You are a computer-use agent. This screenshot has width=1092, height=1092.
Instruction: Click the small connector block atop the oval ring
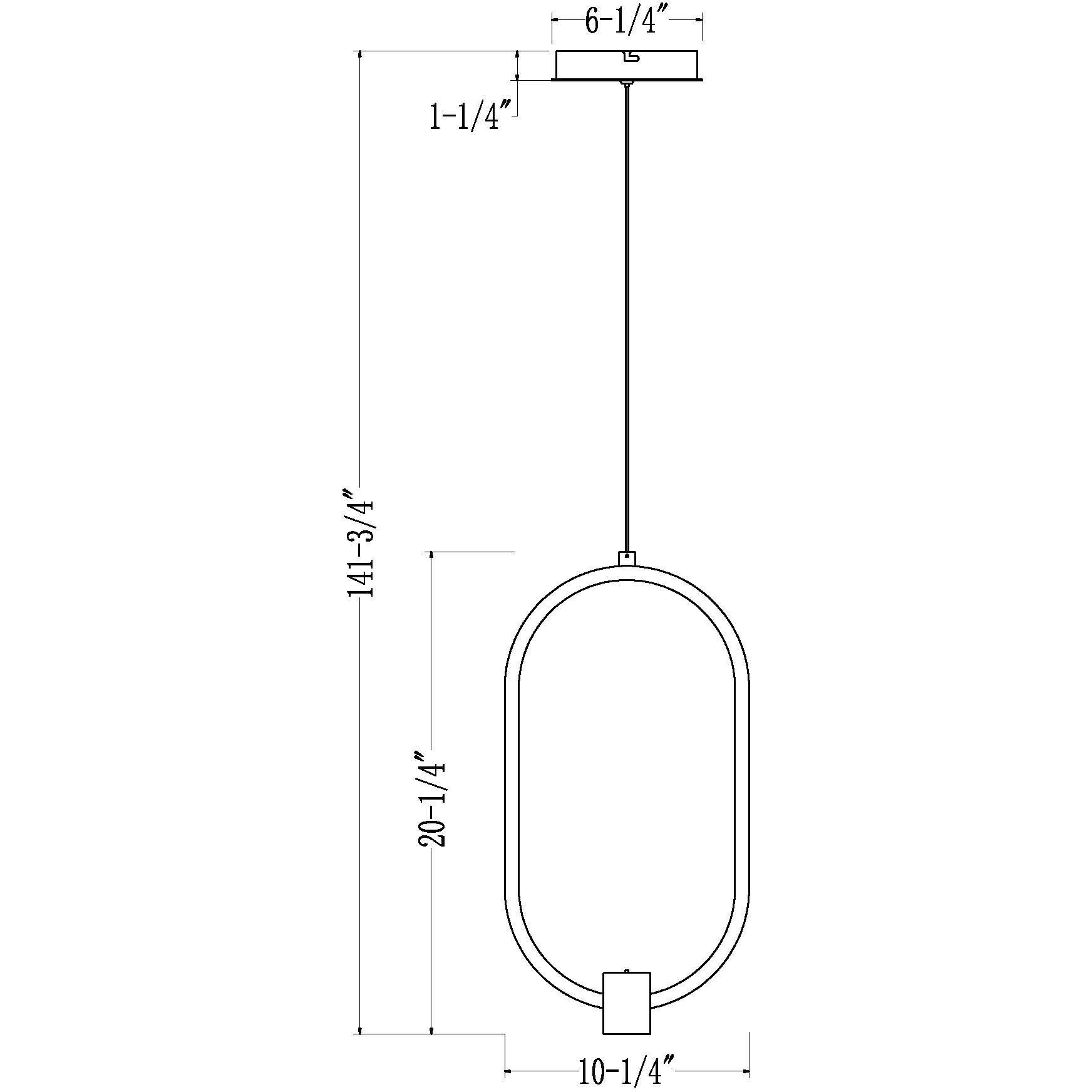(627, 558)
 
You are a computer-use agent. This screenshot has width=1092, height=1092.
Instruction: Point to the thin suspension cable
(626, 313)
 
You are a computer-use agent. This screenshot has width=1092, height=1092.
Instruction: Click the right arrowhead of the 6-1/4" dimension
(698, 19)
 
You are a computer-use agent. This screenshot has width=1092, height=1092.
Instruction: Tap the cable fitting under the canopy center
(626, 83)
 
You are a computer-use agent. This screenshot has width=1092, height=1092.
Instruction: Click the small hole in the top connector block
(627, 555)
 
